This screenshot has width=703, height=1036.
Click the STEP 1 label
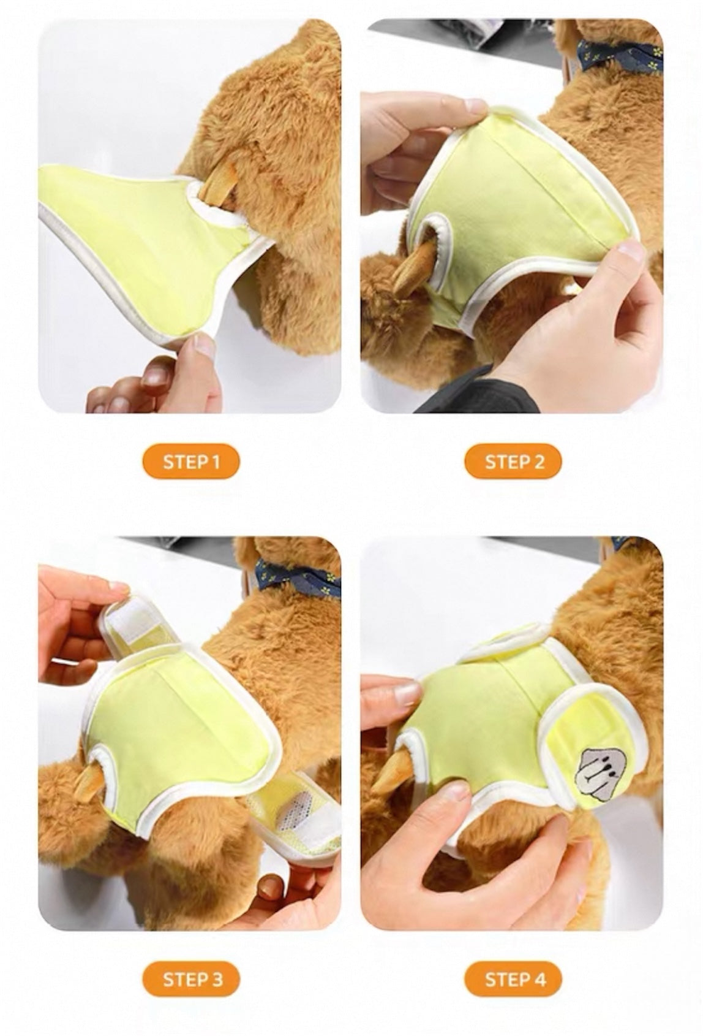click(191, 461)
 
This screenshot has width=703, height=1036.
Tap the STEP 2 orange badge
click(514, 461)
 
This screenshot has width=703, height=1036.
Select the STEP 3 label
click(191, 979)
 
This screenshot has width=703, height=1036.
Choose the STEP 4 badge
click(514, 979)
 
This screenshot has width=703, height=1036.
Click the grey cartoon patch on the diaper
click(593, 769)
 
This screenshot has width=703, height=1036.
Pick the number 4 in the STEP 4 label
click(539, 979)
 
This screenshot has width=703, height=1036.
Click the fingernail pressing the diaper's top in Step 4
click(407, 693)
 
